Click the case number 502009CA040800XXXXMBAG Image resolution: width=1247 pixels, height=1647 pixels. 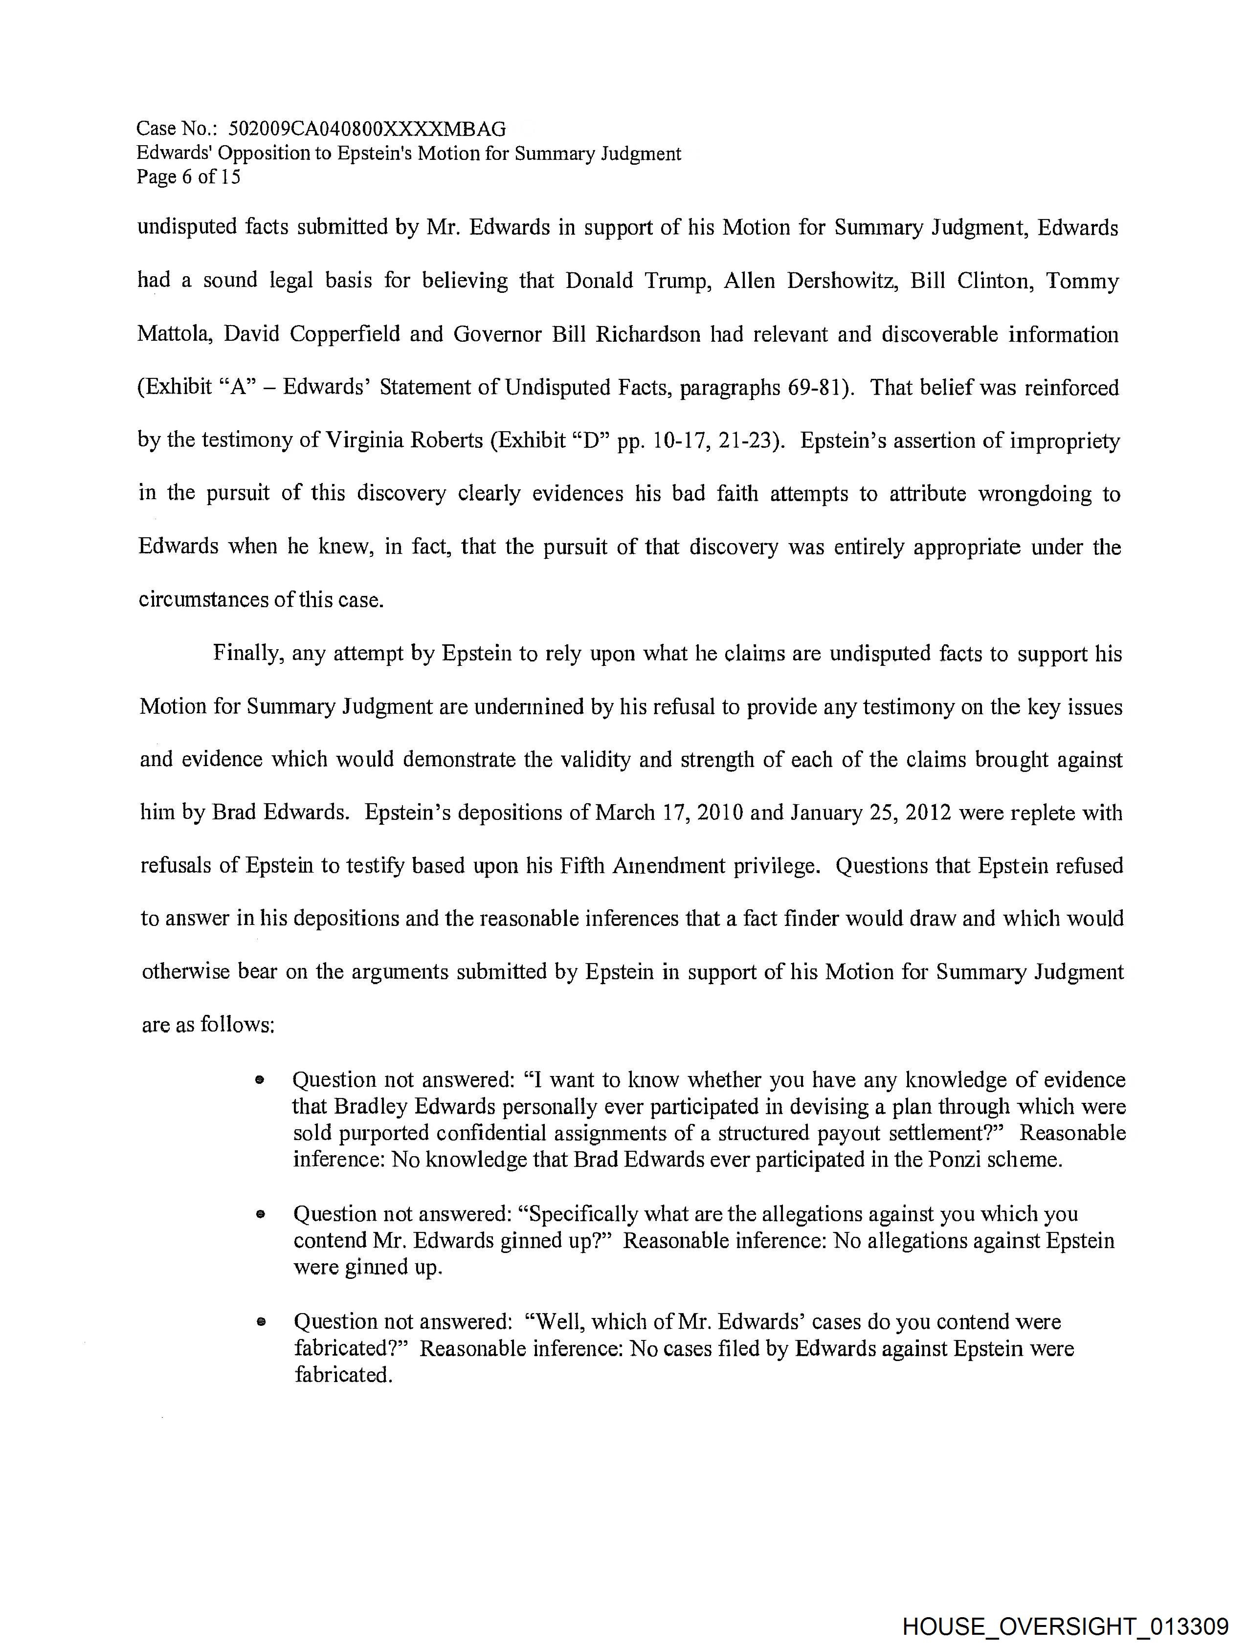(367, 130)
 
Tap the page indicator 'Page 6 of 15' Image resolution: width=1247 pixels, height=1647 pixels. (188, 177)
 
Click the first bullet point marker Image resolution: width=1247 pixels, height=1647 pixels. (259, 1080)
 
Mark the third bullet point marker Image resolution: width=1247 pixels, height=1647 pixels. (260, 1322)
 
